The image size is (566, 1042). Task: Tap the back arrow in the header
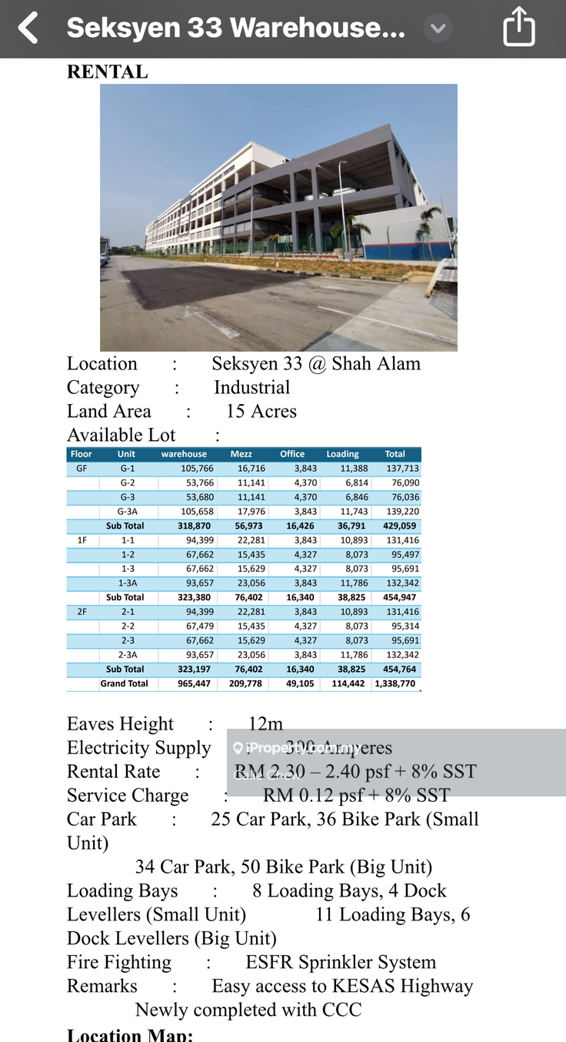click(28, 28)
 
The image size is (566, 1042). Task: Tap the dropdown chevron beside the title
click(438, 28)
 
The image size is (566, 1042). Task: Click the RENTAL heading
click(107, 72)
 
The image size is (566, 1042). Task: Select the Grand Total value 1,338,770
click(395, 683)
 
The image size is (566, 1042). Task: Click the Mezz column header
click(241, 454)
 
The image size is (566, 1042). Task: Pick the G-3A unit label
click(127, 512)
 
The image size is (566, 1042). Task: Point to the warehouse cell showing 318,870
click(184, 526)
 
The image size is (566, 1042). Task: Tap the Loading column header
click(342, 454)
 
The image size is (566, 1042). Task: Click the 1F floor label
click(82, 540)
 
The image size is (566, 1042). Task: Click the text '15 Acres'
click(261, 411)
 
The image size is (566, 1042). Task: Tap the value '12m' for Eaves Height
click(265, 723)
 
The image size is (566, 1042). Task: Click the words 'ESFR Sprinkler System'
click(341, 962)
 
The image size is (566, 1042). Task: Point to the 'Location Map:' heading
click(130, 1034)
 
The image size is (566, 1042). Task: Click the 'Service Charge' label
click(128, 795)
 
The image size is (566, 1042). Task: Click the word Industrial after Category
click(252, 387)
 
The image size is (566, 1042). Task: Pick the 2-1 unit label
click(127, 612)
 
